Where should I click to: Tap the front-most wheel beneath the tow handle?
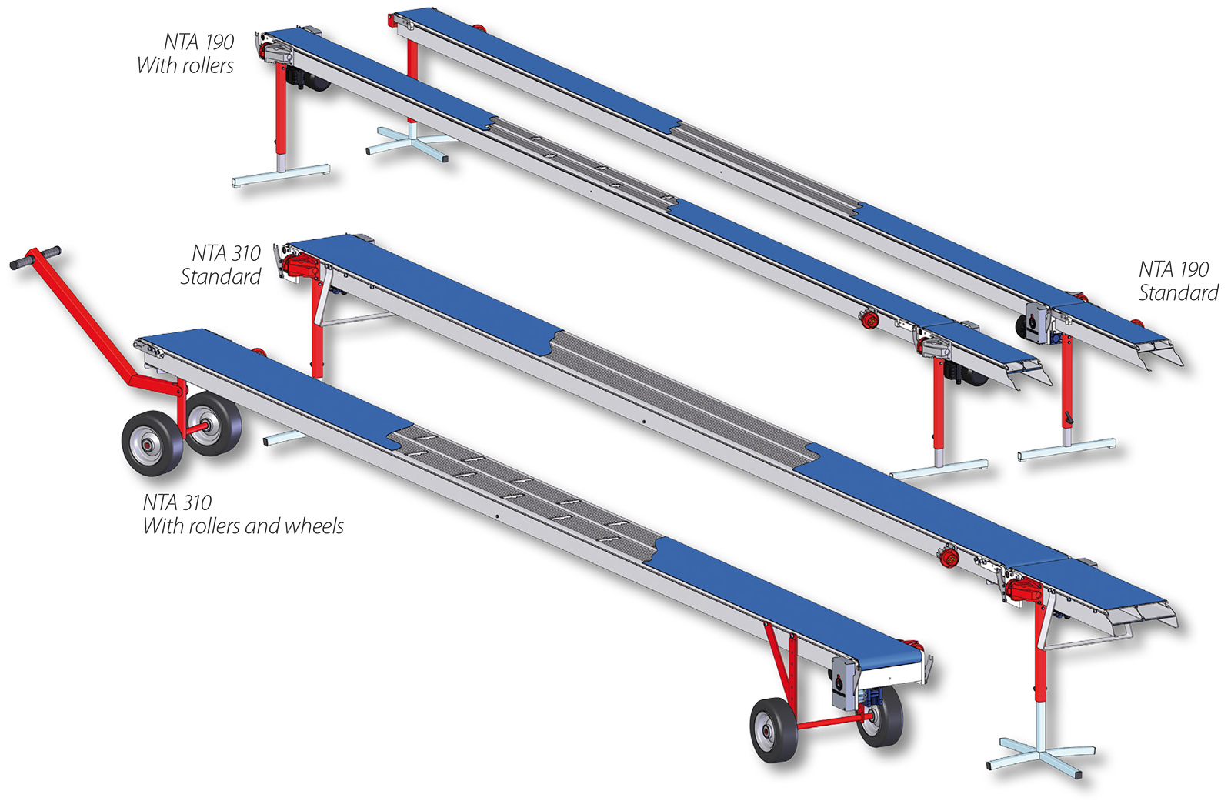point(152,442)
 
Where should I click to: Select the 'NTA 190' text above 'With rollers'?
point(198,42)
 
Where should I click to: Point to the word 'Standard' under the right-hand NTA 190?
point(1178,293)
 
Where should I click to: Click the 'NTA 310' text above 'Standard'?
point(226,253)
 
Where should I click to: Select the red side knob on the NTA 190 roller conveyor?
point(870,319)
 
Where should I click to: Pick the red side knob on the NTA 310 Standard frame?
point(949,558)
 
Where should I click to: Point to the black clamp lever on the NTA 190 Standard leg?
point(1069,418)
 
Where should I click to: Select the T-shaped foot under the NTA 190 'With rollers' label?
point(281,175)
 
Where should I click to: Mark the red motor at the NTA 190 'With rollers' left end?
point(276,55)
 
